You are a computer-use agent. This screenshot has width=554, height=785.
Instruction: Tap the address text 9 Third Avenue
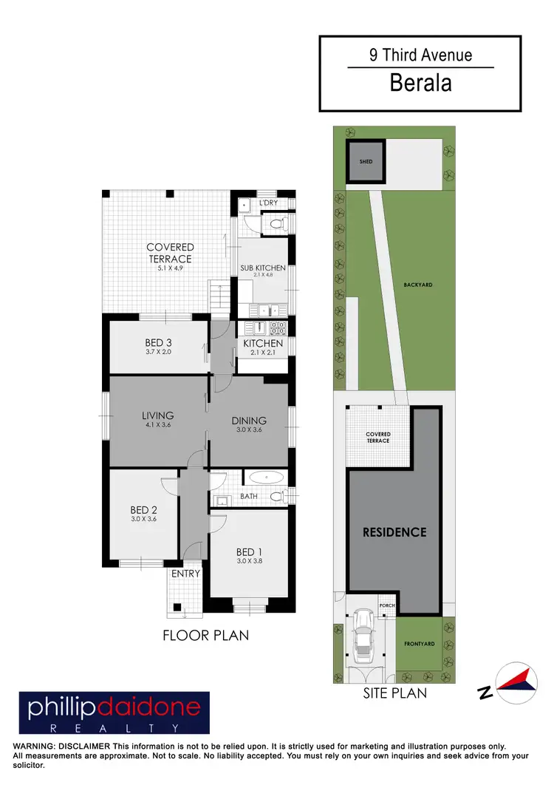[420, 55]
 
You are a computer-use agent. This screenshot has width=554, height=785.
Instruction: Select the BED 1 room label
[250, 552]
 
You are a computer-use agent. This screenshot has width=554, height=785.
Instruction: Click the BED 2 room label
[144, 510]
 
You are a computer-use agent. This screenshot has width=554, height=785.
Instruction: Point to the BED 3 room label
[158, 342]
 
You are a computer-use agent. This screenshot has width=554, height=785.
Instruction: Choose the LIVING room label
[158, 415]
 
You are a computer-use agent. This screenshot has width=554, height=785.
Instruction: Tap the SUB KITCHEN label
[262, 268]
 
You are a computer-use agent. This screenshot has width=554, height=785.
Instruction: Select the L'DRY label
[268, 203]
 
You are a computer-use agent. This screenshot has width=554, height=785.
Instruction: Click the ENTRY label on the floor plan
[185, 574]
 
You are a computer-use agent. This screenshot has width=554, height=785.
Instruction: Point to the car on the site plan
[363, 635]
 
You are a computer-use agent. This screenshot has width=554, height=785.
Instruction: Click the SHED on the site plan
[366, 161]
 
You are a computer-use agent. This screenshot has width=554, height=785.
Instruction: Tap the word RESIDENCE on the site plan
[394, 532]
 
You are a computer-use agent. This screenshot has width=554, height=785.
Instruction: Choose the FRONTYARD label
[419, 644]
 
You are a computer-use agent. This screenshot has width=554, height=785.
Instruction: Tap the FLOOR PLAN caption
[206, 635]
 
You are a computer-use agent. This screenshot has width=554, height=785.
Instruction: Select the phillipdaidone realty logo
[114, 713]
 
